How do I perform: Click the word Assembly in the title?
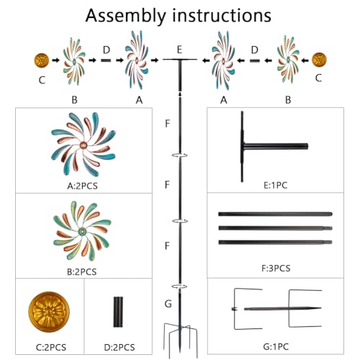125,17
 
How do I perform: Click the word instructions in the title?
222,15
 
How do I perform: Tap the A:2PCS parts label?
82,186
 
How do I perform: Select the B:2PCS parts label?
81,272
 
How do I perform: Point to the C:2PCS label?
51,347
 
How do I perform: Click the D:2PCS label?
120,347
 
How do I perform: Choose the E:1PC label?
275,185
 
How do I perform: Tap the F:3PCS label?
276,268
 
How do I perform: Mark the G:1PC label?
276,346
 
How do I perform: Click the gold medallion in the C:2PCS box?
49,312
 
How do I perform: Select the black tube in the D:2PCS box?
118,312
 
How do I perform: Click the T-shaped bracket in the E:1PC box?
243,146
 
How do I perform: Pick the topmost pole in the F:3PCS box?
275,214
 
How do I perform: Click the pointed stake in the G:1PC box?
282,309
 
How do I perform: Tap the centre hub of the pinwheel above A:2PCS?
84,145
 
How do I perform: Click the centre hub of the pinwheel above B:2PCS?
82,232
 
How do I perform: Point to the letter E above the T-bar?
179,50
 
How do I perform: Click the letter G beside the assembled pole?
168,304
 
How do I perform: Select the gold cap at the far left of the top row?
42,60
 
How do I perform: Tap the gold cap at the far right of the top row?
319,60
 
